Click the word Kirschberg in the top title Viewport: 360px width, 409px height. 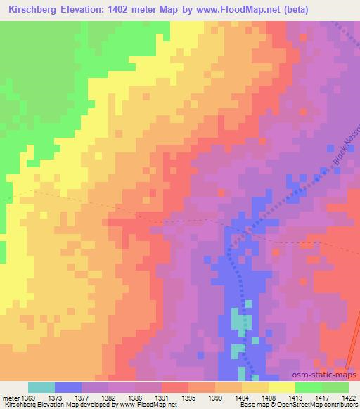coord(33,9)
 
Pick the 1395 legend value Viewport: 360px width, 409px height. coord(189,398)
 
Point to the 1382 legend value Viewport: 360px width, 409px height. coord(109,398)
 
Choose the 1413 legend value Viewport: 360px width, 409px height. coord(295,398)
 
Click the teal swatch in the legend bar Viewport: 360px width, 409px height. coord(41,387)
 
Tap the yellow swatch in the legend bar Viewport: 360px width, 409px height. coord(281,387)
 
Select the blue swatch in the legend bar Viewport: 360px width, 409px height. coord(68,387)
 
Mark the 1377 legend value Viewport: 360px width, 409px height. coord(82,398)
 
